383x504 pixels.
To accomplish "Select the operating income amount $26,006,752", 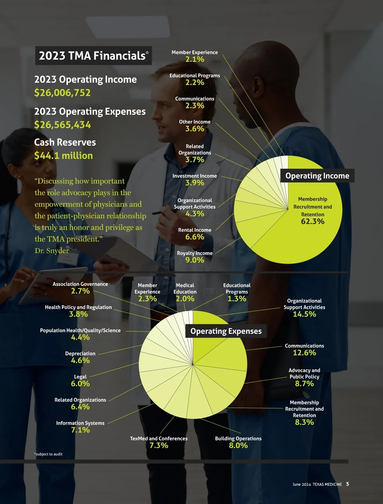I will click(x=63, y=93).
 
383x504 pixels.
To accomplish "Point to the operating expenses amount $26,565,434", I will click(x=63, y=125).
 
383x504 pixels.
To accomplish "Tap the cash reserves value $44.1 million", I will click(x=64, y=156).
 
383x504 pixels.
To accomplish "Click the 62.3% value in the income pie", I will click(x=312, y=221).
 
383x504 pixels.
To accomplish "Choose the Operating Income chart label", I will click(x=317, y=176).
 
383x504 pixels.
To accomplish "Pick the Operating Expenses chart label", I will click(x=226, y=331).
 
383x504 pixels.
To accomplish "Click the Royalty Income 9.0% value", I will click(x=195, y=260).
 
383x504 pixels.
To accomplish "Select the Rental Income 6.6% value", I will click(x=195, y=237).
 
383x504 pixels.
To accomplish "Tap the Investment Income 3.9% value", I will click(x=195, y=183).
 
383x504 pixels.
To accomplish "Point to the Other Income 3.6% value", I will click(x=195, y=129).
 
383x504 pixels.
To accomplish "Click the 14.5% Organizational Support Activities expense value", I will click(x=304, y=314).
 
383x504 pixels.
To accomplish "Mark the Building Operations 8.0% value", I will click(x=238, y=445).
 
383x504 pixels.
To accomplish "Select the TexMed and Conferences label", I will click(x=159, y=439).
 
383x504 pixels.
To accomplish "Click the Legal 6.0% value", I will click(x=80, y=383).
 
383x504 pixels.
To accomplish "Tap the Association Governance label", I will click(x=80, y=284).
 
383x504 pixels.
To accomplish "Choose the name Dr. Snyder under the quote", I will click(x=52, y=251).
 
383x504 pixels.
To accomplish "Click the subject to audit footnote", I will click(x=49, y=454).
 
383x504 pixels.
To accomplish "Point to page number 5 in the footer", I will click(x=348, y=484).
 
